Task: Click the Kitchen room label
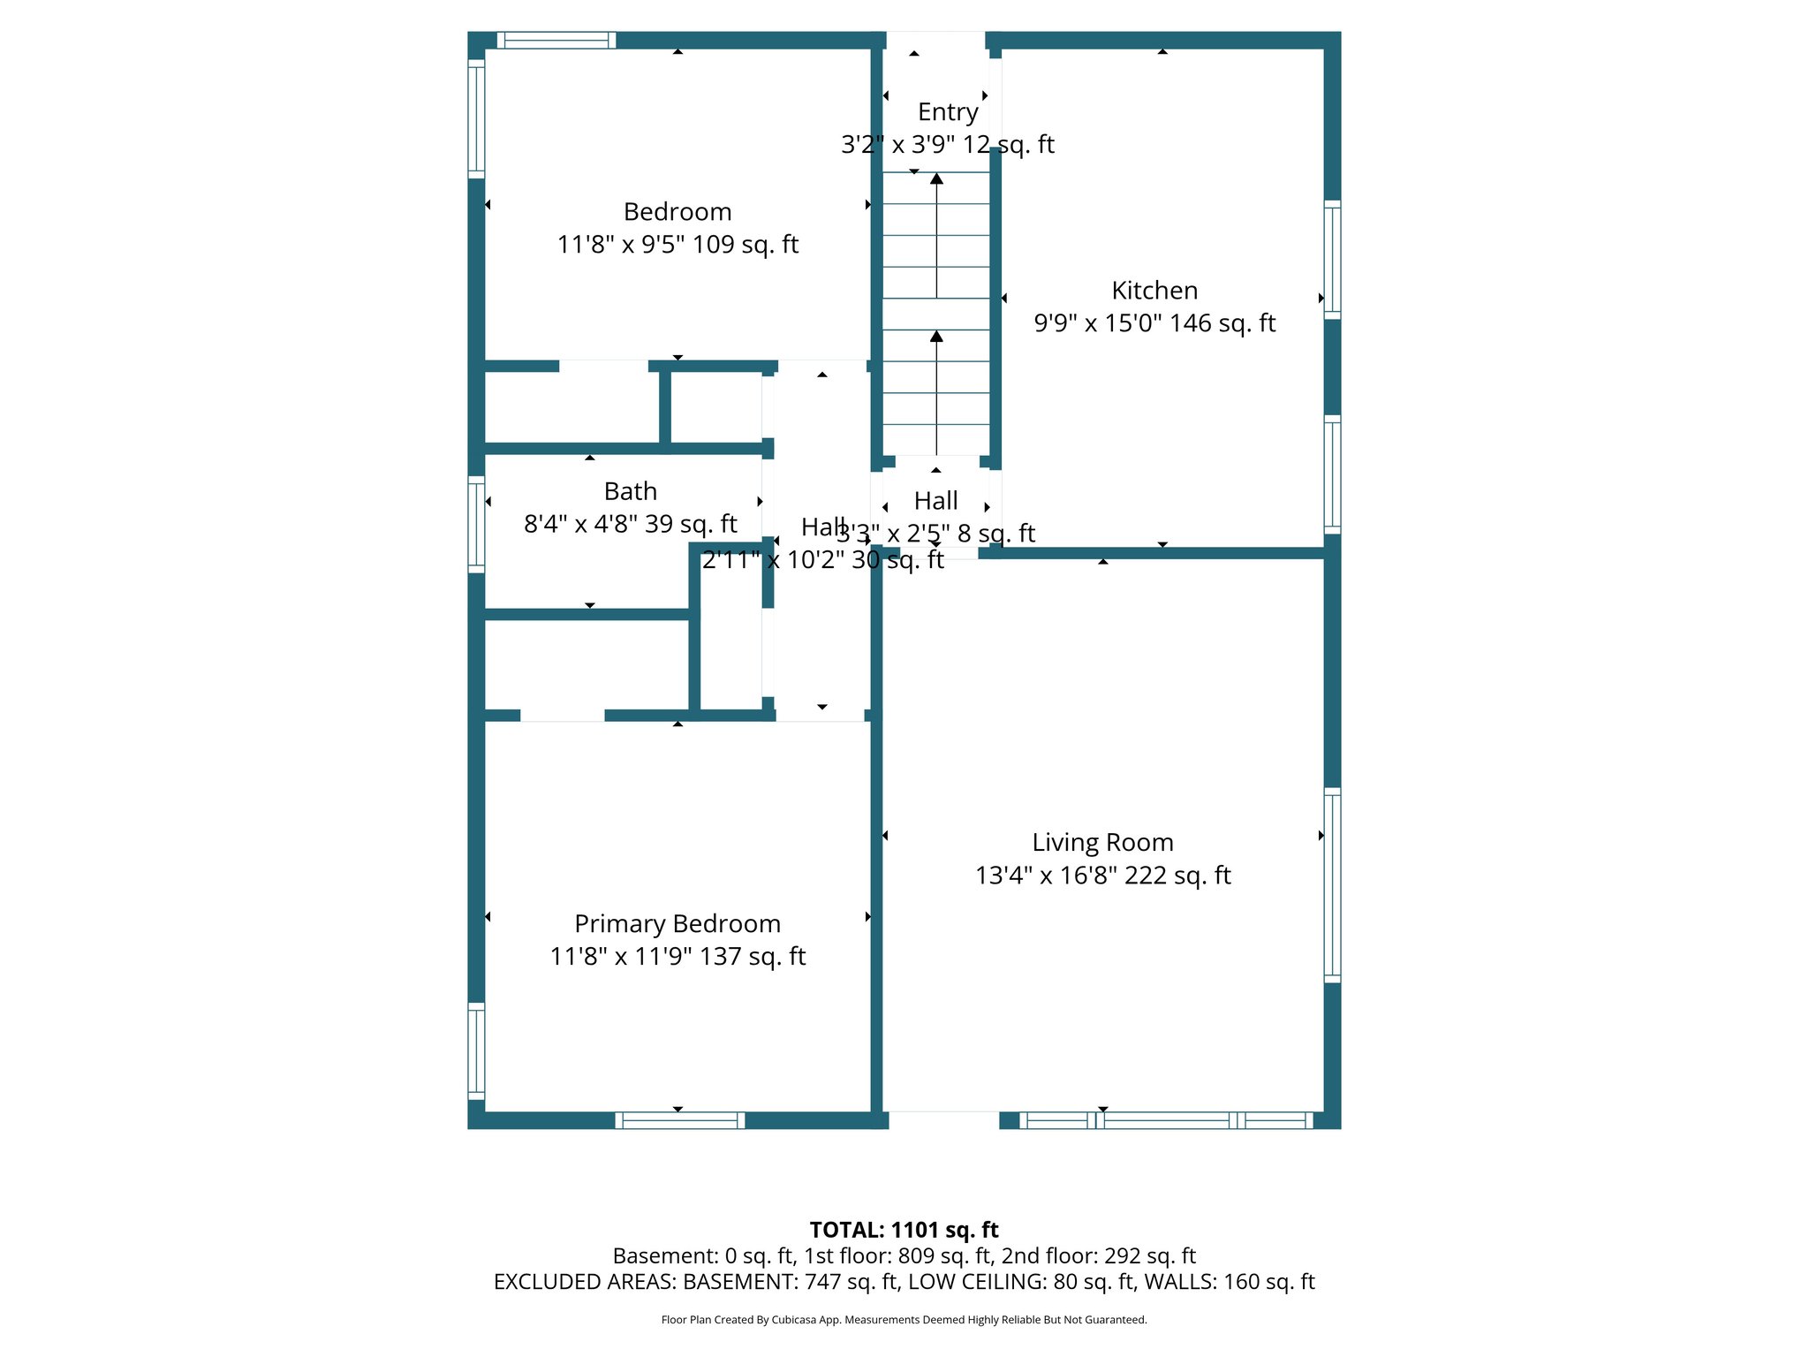tap(1154, 291)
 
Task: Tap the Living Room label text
tap(1102, 843)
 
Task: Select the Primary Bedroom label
tap(677, 924)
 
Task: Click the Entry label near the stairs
tap(948, 112)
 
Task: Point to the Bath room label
tap(630, 491)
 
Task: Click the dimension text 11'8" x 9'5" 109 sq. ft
tap(677, 245)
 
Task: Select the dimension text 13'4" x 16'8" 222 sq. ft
tap(1102, 876)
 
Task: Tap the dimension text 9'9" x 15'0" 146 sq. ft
tap(1154, 323)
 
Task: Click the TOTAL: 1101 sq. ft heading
tap(904, 1230)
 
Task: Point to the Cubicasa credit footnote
tap(904, 1320)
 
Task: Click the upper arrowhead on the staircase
tap(936, 178)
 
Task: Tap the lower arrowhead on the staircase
tap(936, 336)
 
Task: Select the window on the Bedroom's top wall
tap(556, 40)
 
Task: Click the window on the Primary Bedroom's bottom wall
tap(679, 1120)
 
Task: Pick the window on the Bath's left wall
tap(476, 524)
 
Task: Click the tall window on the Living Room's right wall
tap(1332, 885)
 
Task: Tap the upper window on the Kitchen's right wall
tap(1332, 260)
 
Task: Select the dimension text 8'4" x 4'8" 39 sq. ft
tap(630, 524)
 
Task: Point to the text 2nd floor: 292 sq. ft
tap(1098, 1256)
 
